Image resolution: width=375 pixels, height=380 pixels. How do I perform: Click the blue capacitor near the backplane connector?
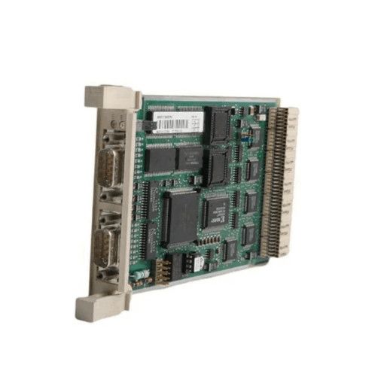click(245, 140)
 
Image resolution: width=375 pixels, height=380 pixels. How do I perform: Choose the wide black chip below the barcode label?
click(172, 159)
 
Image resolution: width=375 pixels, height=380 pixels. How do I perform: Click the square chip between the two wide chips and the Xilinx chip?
click(217, 166)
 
